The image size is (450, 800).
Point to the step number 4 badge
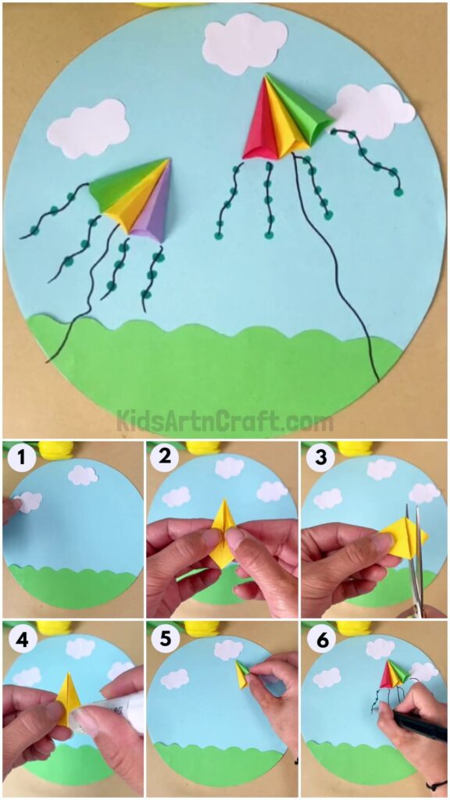(20, 637)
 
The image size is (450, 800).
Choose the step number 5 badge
(163, 637)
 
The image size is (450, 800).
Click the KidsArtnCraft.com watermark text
(225, 422)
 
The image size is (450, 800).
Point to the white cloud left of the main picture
(88, 128)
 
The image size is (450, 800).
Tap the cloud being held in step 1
(29, 502)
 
